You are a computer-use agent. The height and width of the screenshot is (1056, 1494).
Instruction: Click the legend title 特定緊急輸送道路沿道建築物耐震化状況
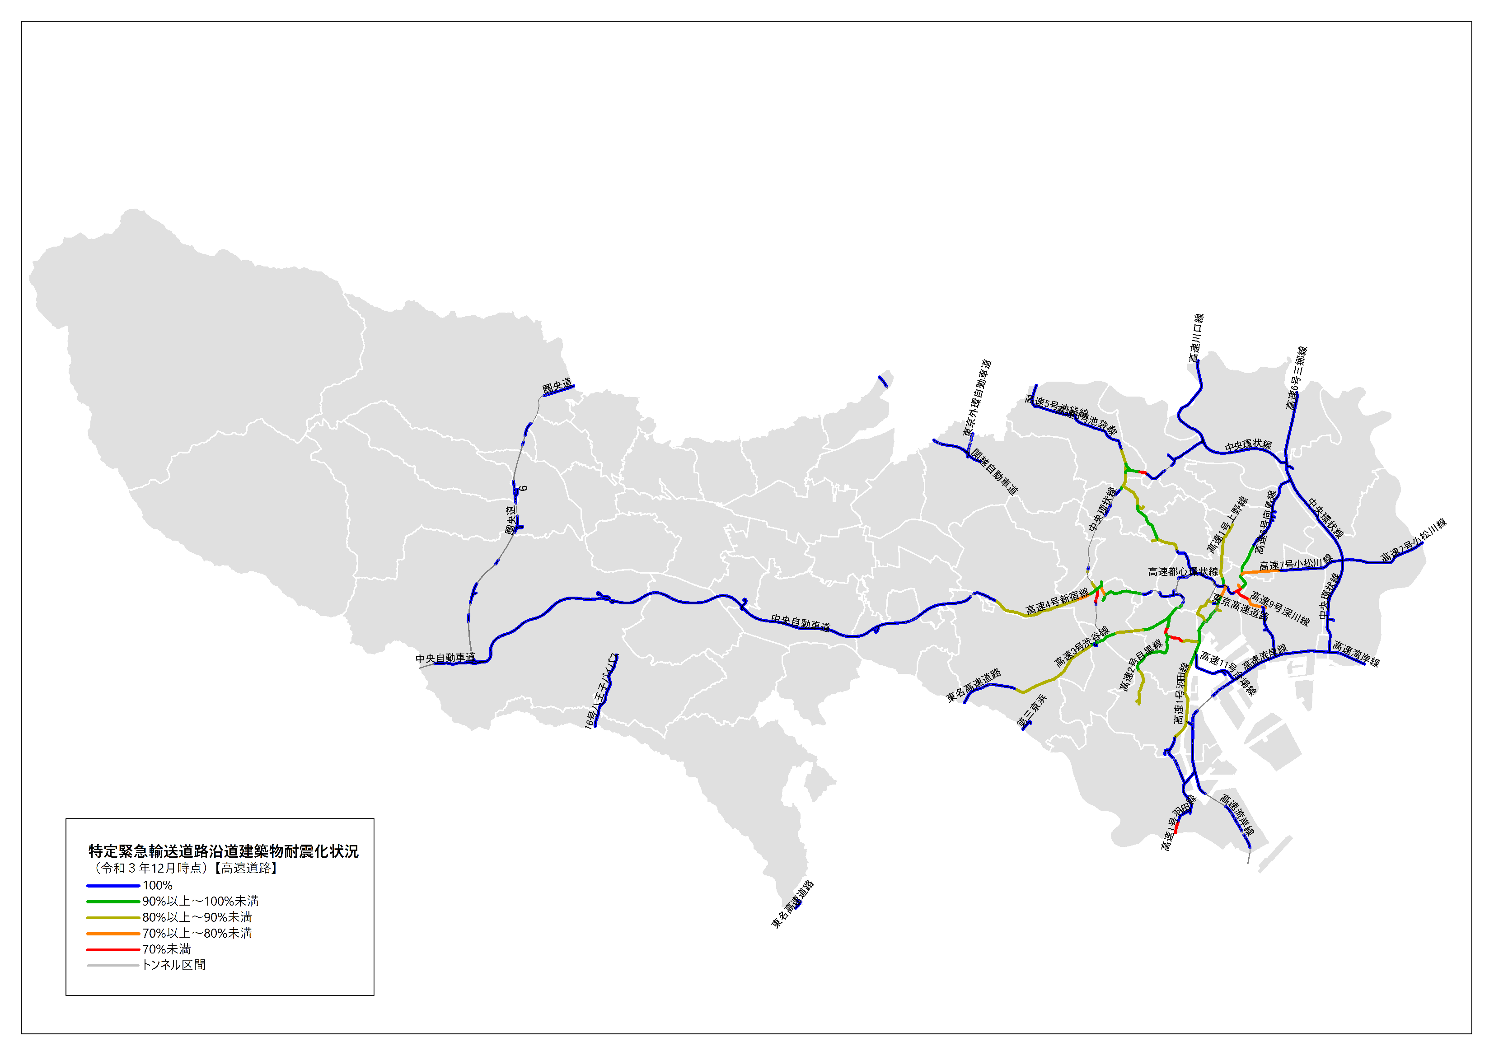pos(223,850)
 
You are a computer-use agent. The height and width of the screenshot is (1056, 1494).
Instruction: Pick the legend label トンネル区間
pos(174,964)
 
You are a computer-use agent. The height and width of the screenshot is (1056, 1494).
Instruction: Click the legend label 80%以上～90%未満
pos(197,917)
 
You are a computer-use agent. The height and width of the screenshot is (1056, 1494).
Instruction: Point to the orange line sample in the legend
pos(113,933)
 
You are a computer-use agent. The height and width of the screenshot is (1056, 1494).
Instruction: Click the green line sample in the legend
pos(113,901)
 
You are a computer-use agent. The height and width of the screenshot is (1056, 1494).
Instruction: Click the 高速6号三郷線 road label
pos(1296,378)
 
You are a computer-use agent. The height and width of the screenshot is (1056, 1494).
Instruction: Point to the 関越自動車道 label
pos(995,471)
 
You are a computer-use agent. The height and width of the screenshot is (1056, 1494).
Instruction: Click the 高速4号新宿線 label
pos(1057,601)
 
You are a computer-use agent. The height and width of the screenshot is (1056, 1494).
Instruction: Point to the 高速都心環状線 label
pos(1183,571)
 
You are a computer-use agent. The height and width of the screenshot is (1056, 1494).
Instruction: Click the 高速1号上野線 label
pos(1227,524)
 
